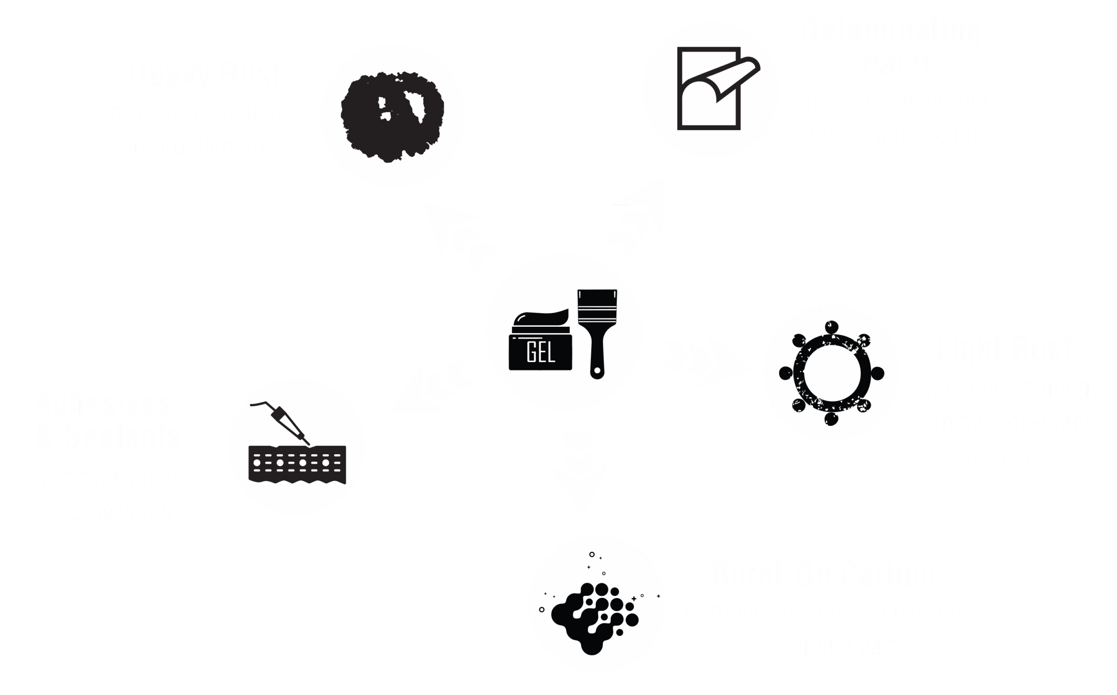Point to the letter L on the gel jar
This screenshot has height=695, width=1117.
551,353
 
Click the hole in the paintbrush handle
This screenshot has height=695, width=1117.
597,370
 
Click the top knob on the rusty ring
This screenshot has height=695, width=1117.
832,327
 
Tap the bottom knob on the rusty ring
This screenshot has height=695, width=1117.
831,419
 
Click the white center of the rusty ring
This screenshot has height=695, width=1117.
832,373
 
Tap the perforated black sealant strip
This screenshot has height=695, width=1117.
298,464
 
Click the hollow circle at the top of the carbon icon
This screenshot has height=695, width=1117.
592,555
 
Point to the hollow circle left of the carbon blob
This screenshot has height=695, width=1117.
542,609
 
